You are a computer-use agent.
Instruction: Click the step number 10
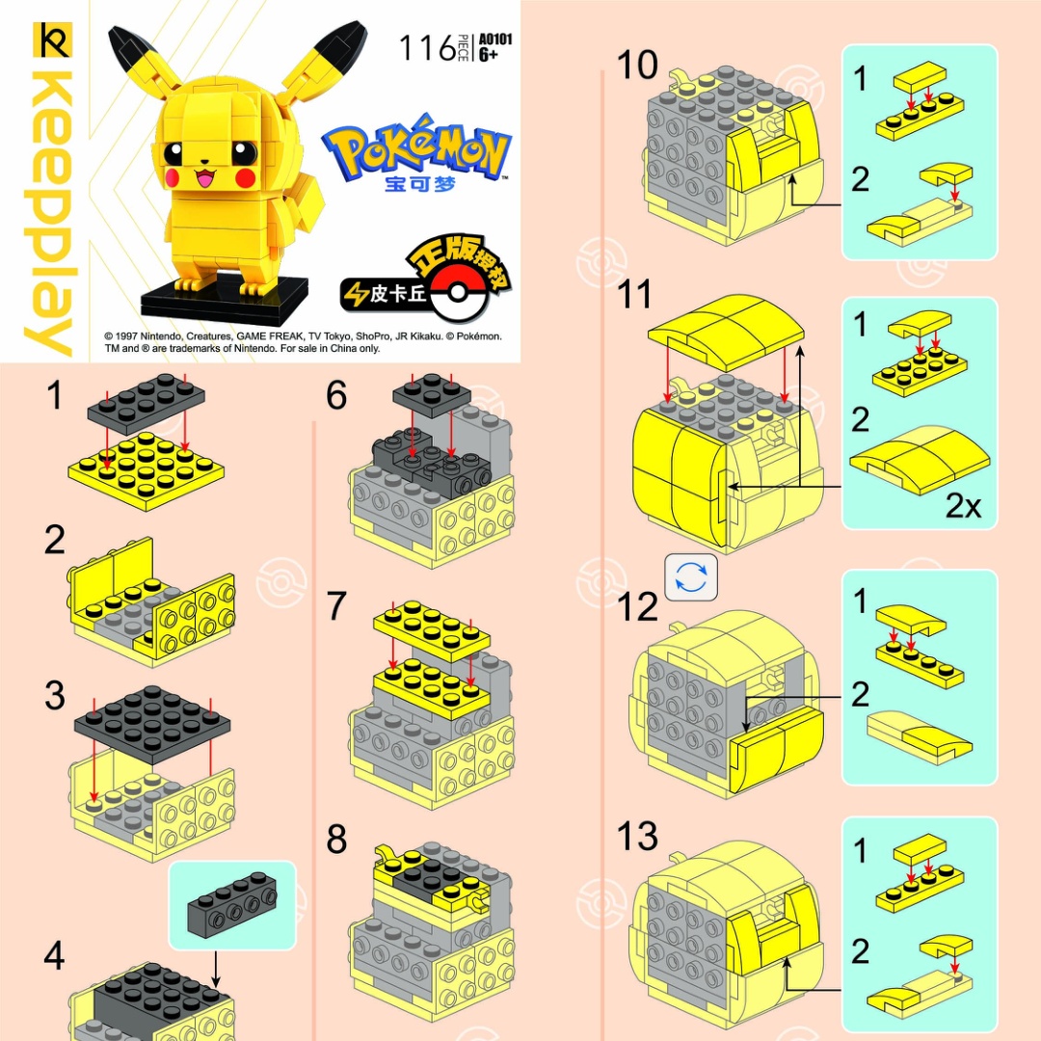tap(637, 66)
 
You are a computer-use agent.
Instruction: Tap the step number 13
tap(637, 836)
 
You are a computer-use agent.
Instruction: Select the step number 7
tap(336, 605)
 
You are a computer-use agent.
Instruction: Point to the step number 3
tap(55, 696)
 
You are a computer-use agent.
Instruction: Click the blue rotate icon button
tap(691, 577)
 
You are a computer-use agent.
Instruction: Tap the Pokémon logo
tap(417, 149)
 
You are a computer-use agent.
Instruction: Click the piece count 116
tap(427, 48)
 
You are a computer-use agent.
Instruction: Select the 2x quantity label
tap(963, 507)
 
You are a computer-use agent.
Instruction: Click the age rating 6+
tap(488, 54)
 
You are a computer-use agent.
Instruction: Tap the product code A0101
tap(495, 40)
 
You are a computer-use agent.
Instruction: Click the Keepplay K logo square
tap(52, 40)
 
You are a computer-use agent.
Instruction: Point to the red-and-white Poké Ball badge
tap(458, 292)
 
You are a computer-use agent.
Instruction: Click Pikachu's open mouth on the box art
tap(204, 177)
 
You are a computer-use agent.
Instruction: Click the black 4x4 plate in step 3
tap(152, 726)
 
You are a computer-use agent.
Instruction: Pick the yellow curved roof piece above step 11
tap(727, 332)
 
